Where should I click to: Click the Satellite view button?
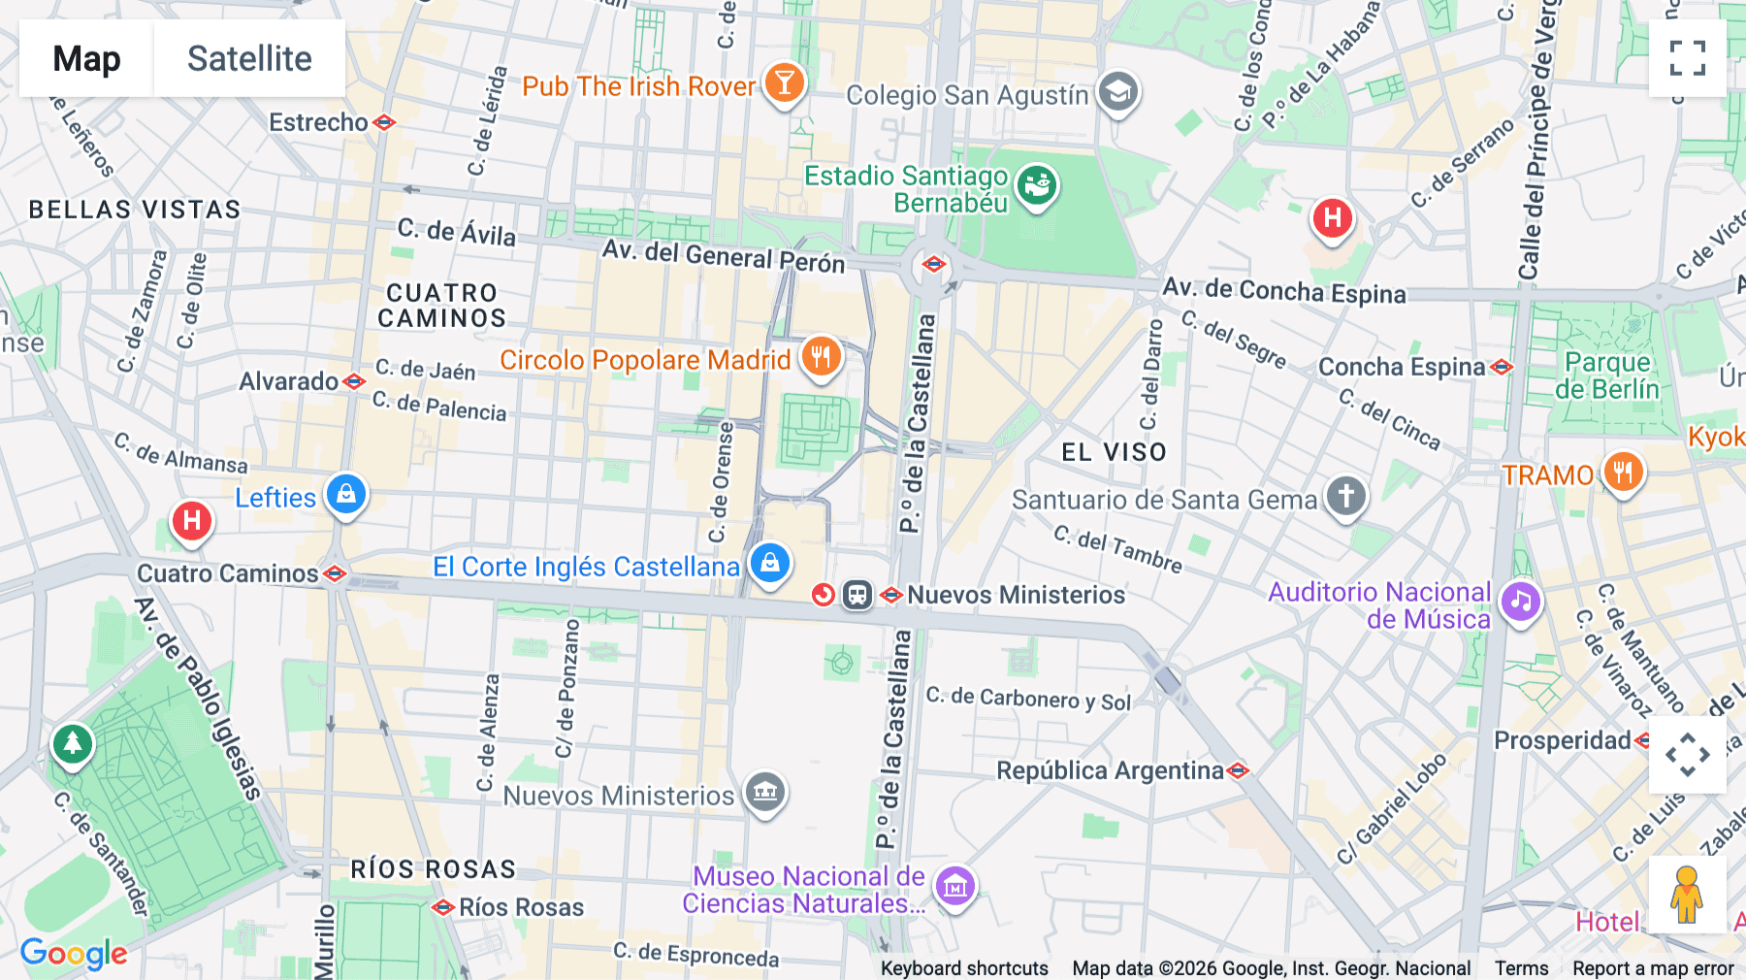click(x=249, y=58)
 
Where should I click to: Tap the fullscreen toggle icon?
click(x=1687, y=58)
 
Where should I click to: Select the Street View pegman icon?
click(x=1687, y=894)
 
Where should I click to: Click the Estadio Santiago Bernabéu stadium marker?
click(x=1037, y=183)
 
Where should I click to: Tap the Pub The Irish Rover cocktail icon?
click(x=784, y=83)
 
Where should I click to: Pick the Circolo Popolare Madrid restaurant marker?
click(x=821, y=357)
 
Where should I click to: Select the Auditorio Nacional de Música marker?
click(x=1520, y=602)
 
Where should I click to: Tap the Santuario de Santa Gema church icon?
click(x=1345, y=496)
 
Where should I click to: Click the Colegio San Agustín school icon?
click(x=1118, y=92)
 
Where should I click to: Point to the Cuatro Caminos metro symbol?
click(x=335, y=573)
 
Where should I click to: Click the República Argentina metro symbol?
click(x=1238, y=771)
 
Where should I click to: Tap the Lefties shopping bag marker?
click(x=346, y=495)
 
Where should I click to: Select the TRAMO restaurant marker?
click(x=1623, y=473)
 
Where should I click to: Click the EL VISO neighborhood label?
click(x=1114, y=452)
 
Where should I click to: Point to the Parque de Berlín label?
click(x=1607, y=376)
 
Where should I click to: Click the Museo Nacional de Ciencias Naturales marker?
click(x=955, y=885)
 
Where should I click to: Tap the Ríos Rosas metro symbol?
click(x=443, y=908)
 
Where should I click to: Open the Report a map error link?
click(x=1653, y=968)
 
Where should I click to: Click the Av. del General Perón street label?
click(x=723, y=255)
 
